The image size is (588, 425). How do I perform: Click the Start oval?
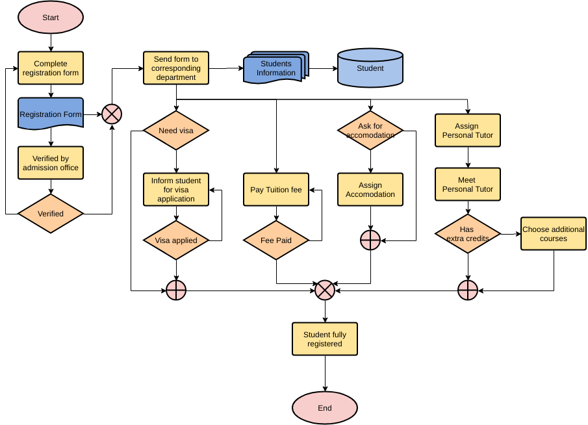click(x=51, y=18)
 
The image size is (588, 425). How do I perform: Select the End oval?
click(x=325, y=408)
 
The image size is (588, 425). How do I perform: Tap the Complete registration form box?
click(x=51, y=68)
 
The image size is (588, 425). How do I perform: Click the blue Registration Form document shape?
click(x=51, y=114)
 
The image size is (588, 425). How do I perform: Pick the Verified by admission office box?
click(x=51, y=163)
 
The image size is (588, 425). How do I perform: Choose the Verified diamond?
click(x=51, y=214)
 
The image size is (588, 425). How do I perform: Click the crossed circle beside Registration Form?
click(x=112, y=115)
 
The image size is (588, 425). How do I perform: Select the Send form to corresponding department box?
click(x=176, y=68)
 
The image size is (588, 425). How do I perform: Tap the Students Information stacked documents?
click(x=275, y=69)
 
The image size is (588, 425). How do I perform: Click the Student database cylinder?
click(x=370, y=68)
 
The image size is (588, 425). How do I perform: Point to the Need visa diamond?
click(x=176, y=131)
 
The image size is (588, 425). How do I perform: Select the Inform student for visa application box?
click(x=176, y=189)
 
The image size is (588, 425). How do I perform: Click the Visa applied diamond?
click(x=176, y=240)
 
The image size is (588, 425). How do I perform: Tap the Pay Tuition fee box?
click(x=276, y=190)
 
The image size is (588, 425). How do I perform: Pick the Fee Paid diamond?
click(x=276, y=240)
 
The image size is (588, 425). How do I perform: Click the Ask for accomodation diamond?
click(x=370, y=131)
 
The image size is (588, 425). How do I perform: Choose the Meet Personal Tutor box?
click(x=468, y=185)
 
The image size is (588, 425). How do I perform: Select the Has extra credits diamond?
click(x=468, y=234)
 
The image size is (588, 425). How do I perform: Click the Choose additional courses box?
click(x=554, y=234)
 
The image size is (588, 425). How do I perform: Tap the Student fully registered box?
click(x=325, y=339)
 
